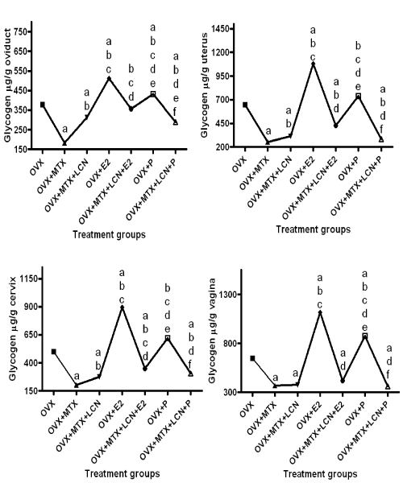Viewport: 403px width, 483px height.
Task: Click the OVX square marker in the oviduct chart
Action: pos(43,105)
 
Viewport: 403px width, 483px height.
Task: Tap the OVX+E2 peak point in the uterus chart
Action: pos(313,64)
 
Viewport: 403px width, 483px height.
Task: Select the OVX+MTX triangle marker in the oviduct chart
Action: pos(64,143)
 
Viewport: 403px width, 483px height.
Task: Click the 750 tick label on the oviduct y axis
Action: pos(21,31)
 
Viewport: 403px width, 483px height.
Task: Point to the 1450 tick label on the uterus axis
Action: pos(221,29)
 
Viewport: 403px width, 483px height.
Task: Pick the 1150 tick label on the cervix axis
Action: pos(29,279)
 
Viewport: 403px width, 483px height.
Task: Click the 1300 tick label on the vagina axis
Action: pos(228,295)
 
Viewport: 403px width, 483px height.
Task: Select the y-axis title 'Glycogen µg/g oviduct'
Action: pos(8,85)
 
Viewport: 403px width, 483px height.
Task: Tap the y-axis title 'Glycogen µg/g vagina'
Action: pos(212,331)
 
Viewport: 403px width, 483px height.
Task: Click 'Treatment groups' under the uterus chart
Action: pos(314,229)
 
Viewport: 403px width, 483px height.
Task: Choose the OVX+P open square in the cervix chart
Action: pos(168,338)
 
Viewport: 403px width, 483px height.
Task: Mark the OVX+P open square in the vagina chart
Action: pos(365,336)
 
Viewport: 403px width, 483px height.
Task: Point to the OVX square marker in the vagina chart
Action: pos(252,358)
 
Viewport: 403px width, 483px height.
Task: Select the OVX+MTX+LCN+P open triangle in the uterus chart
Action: pos(381,139)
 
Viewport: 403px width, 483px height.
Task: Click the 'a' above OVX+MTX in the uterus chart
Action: pos(268,131)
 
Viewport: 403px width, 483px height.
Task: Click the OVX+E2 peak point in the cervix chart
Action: pos(122,308)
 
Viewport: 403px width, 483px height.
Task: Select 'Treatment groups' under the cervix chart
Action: pos(123,473)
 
